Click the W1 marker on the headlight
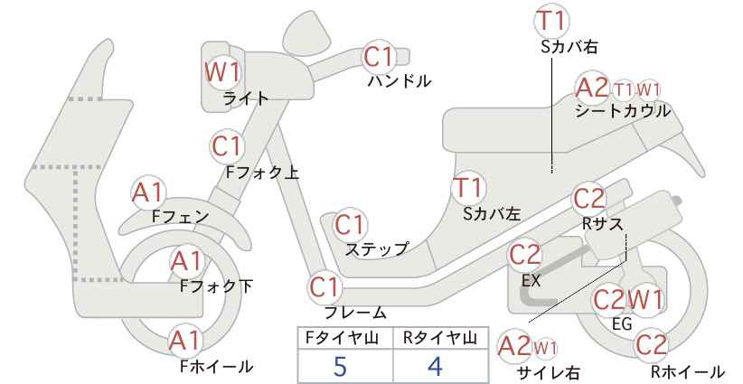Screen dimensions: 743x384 click(x=222, y=72)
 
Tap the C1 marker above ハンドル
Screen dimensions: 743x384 click(x=379, y=56)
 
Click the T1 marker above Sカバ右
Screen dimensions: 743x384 click(x=552, y=21)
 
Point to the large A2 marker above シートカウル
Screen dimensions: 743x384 click(x=592, y=87)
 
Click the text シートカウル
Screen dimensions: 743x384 click(x=623, y=111)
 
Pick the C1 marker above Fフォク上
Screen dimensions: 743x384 click(x=228, y=145)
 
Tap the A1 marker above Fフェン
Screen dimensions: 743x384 click(x=148, y=192)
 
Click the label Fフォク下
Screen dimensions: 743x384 click(x=217, y=286)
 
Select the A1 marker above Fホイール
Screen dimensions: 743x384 click(x=186, y=341)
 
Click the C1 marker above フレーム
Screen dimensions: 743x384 click(x=325, y=287)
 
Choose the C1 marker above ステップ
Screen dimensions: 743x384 click(x=351, y=225)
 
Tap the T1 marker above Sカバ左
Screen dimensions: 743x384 click(x=467, y=188)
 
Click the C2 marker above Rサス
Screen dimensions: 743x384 click(x=590, y=199)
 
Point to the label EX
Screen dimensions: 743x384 click(x=531, y=281)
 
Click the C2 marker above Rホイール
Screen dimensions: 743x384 click(x=651, y=345)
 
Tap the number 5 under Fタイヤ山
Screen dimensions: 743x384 click(x=340, y=366)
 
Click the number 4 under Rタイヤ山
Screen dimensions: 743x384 click(x=435, y=366)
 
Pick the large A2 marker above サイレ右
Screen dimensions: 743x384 click(x=515, y=347)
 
